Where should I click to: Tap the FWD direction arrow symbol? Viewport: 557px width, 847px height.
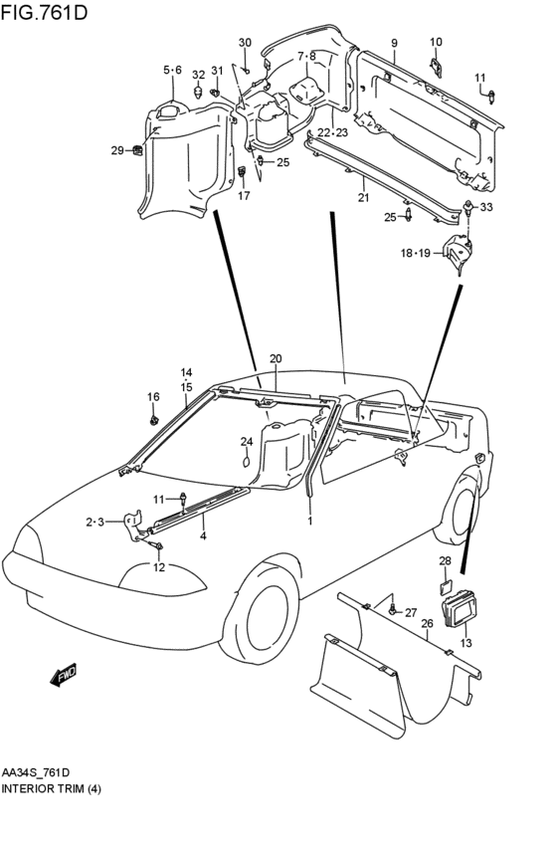coord(64,676)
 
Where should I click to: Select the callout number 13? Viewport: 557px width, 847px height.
coord(466,644)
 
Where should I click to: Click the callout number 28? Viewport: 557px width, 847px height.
coord(445,561)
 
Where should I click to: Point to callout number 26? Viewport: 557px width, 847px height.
coord(426,624)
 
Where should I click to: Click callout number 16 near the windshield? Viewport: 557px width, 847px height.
coord(153,397)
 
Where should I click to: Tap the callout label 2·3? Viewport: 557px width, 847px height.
coord(94,521)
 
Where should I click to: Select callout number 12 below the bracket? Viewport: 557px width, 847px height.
coord(158,567)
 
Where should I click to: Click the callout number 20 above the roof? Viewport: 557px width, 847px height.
coord(276,358)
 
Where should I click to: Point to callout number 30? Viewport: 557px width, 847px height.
coord(245,42)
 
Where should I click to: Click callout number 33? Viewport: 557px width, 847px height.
coord(485,207)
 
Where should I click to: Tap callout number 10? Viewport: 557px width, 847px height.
coord(436,42)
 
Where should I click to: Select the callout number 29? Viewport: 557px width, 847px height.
coord(117,150)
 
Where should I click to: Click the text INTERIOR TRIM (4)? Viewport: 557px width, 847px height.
coord(51,788)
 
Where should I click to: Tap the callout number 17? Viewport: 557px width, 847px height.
coord(243,196)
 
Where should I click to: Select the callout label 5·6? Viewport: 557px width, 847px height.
coord(172,70)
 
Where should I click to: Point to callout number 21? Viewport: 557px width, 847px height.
coord(363,197)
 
